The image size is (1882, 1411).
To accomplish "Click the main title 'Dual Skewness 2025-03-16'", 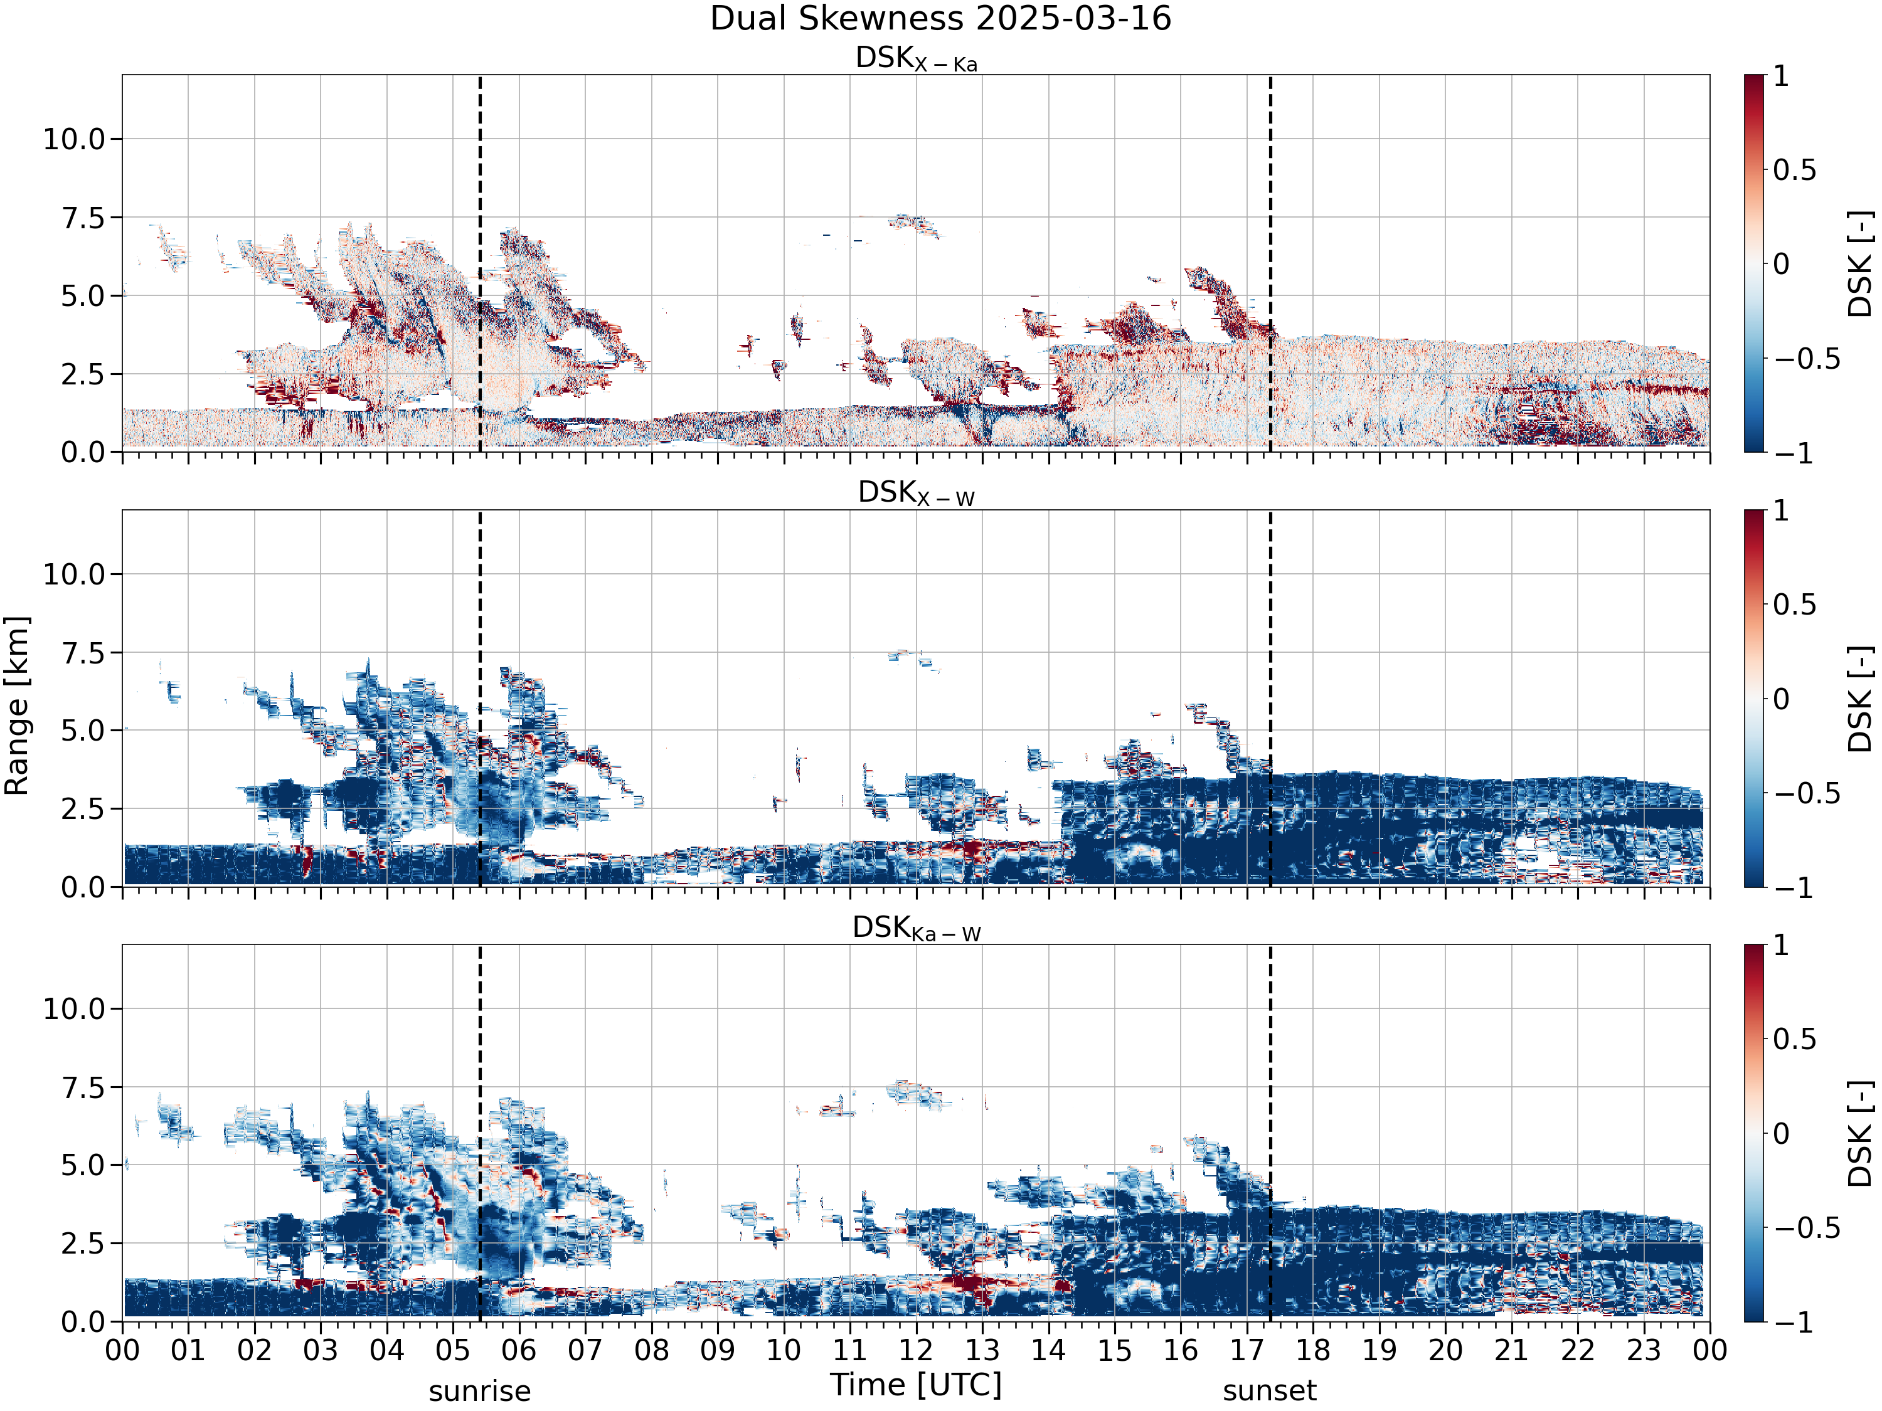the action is coord(940,19).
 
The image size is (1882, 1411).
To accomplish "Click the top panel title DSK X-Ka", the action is coord(917,59).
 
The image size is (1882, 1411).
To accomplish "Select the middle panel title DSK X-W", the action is coord(917,494).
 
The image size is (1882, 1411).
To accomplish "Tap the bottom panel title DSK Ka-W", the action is coord(917,928).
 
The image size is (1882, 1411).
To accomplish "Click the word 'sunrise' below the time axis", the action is coord(480,1392).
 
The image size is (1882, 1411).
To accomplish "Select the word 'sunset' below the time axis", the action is coord(1270,1392).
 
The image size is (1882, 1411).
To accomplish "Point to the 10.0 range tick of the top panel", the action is coord(74,139).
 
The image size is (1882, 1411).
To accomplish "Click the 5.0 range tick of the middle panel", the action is coord(83,731).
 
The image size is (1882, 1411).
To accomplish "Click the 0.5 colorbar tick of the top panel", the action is coord(1795,170).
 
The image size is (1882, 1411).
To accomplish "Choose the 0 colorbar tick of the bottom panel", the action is coord(1782,1133).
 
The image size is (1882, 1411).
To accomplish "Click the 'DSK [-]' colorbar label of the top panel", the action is coord(1861,263).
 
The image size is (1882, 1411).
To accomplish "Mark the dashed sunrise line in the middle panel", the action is coord(480,698).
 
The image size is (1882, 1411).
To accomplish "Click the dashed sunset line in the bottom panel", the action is coord(1270,1133).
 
